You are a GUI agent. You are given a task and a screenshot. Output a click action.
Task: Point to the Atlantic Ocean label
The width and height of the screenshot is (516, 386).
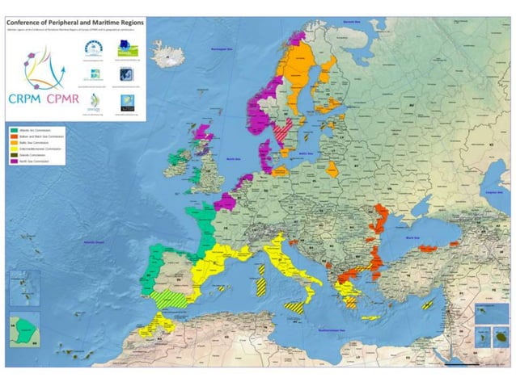click(x=96, y=241)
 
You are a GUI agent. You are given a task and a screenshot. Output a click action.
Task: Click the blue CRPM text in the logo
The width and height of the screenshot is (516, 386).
click(x=28, y=99)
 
